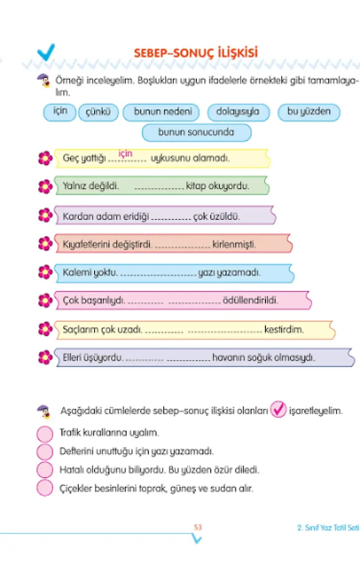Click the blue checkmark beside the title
[46, 51]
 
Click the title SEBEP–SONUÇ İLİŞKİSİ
[195, 53]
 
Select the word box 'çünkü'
[98, 112]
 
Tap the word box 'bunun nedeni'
[160, 112]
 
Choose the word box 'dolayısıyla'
[237, 112]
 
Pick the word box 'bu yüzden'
[309, 111]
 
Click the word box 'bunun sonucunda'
[196, 132]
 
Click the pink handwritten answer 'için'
[125, 154]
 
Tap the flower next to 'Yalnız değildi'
[45, 186]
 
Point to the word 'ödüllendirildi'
[251, 300]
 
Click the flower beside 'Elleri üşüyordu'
[45, 357]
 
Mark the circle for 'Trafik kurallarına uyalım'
[45, 434]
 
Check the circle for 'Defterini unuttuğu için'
[45, 452]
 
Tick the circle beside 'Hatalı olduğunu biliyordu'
[45, 470]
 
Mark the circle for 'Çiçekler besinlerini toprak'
[45, 488]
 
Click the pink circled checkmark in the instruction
[278, 410]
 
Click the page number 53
[198, 528]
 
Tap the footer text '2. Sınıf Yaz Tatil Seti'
[328, 528]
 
